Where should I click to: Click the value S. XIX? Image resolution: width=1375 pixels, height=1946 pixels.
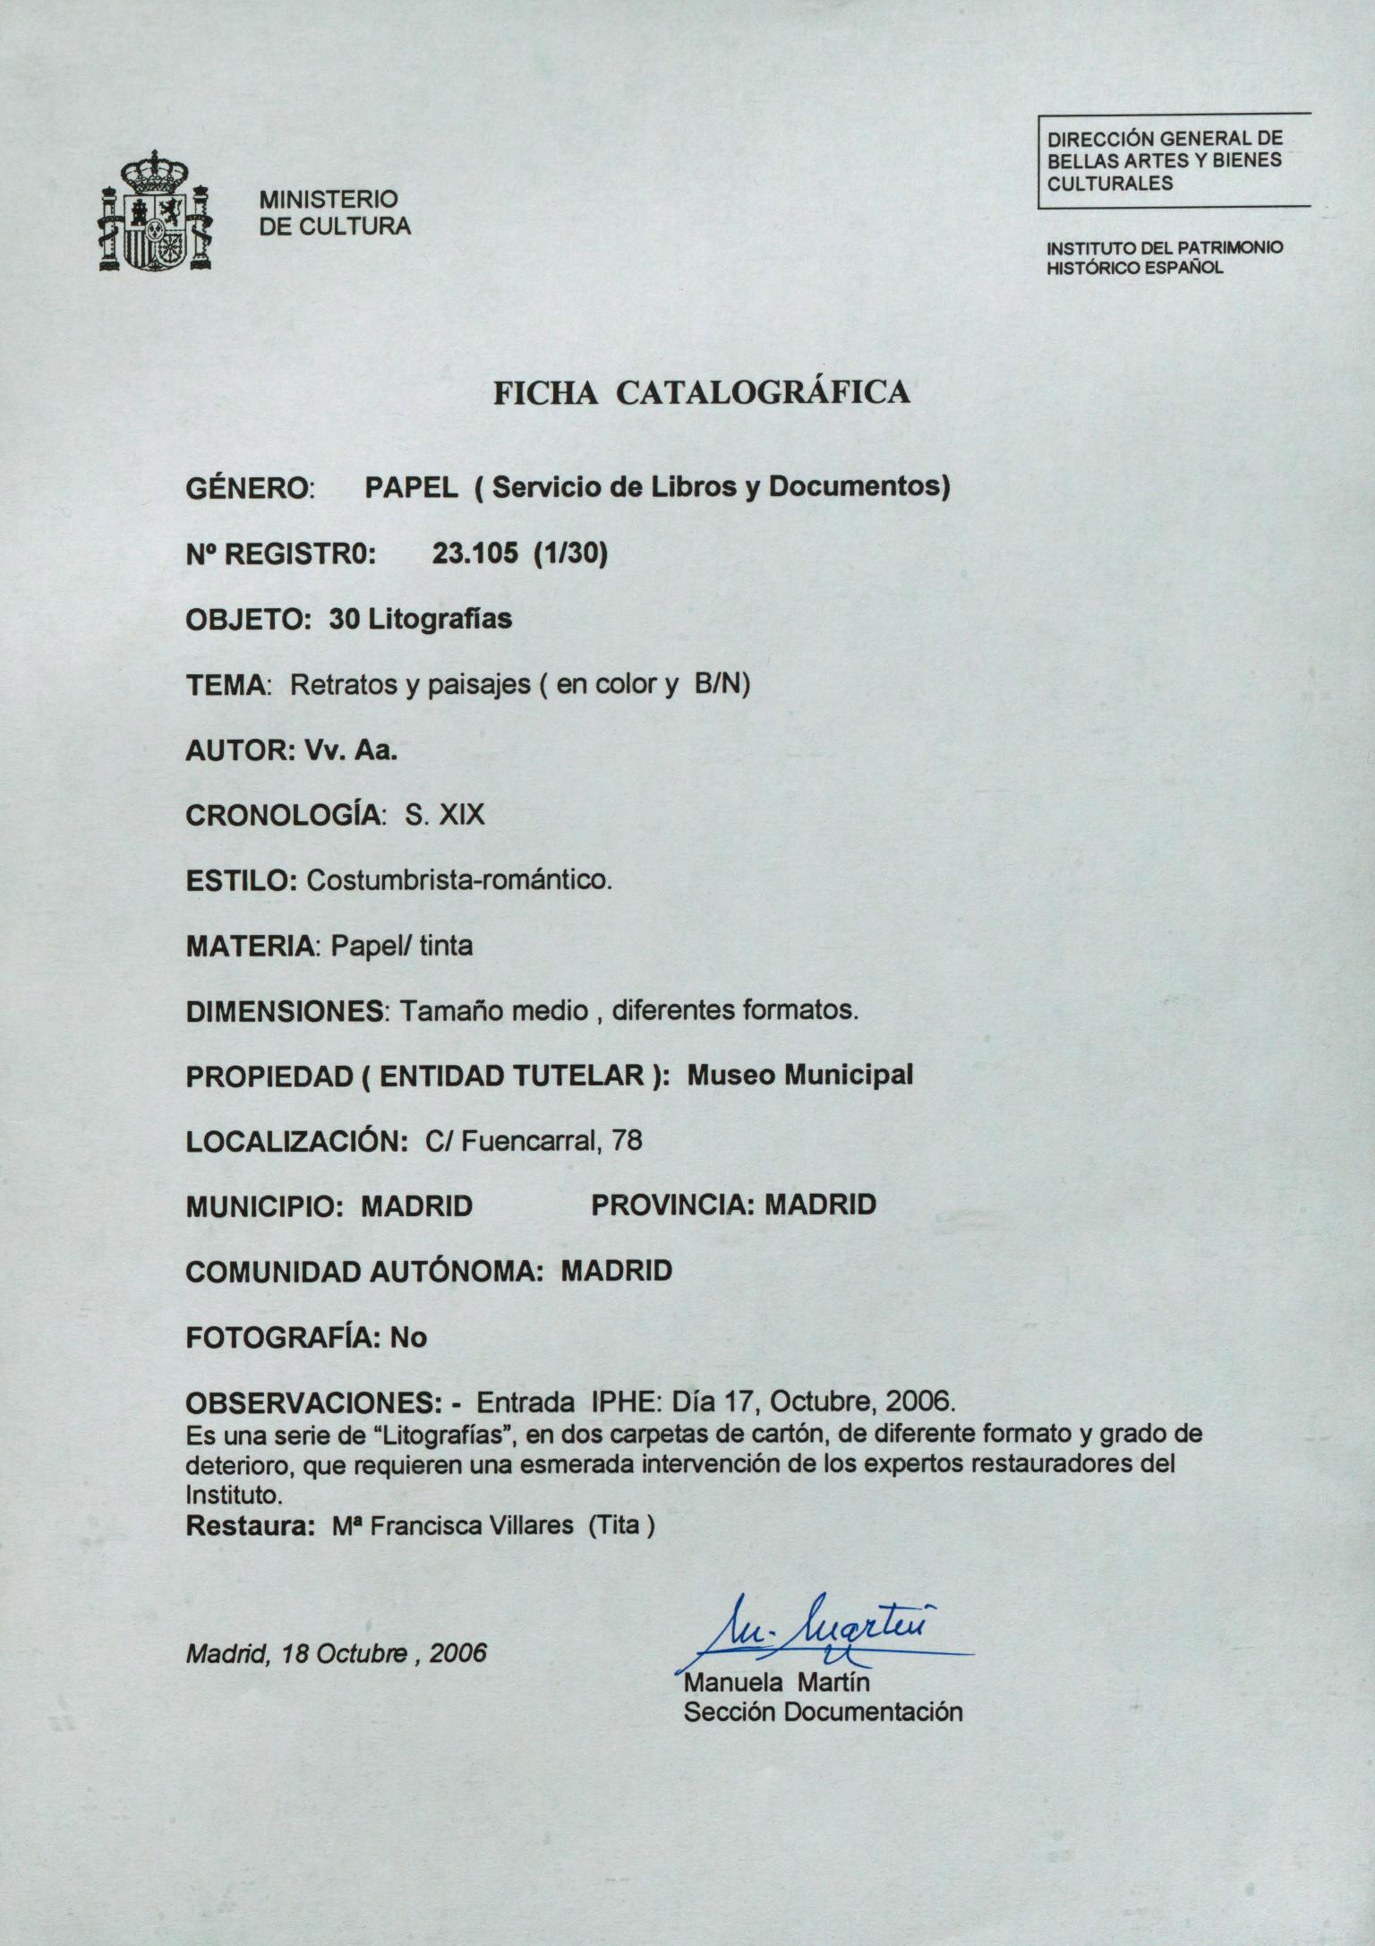click(445, 815)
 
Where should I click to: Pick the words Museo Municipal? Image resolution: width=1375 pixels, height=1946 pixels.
click(799, 1076)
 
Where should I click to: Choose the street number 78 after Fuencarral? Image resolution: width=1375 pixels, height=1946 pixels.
click(627, 1141)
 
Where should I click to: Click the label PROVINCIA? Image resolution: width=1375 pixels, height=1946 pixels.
click(671, 1205)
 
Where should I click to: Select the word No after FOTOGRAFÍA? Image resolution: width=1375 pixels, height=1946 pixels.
click(408, 1337)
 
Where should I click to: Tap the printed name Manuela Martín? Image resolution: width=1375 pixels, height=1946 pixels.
click(776, 1681)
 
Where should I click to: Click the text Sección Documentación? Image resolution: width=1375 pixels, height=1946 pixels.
click(823, 1712)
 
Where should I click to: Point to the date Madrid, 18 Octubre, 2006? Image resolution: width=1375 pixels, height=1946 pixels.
click(336, 1653)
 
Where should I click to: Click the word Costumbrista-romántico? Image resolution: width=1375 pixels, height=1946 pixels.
click(458, 880)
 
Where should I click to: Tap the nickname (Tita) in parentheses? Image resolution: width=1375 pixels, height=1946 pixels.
click(620, 1526)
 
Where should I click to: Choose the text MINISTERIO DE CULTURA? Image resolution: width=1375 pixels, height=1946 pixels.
click(335, 212)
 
